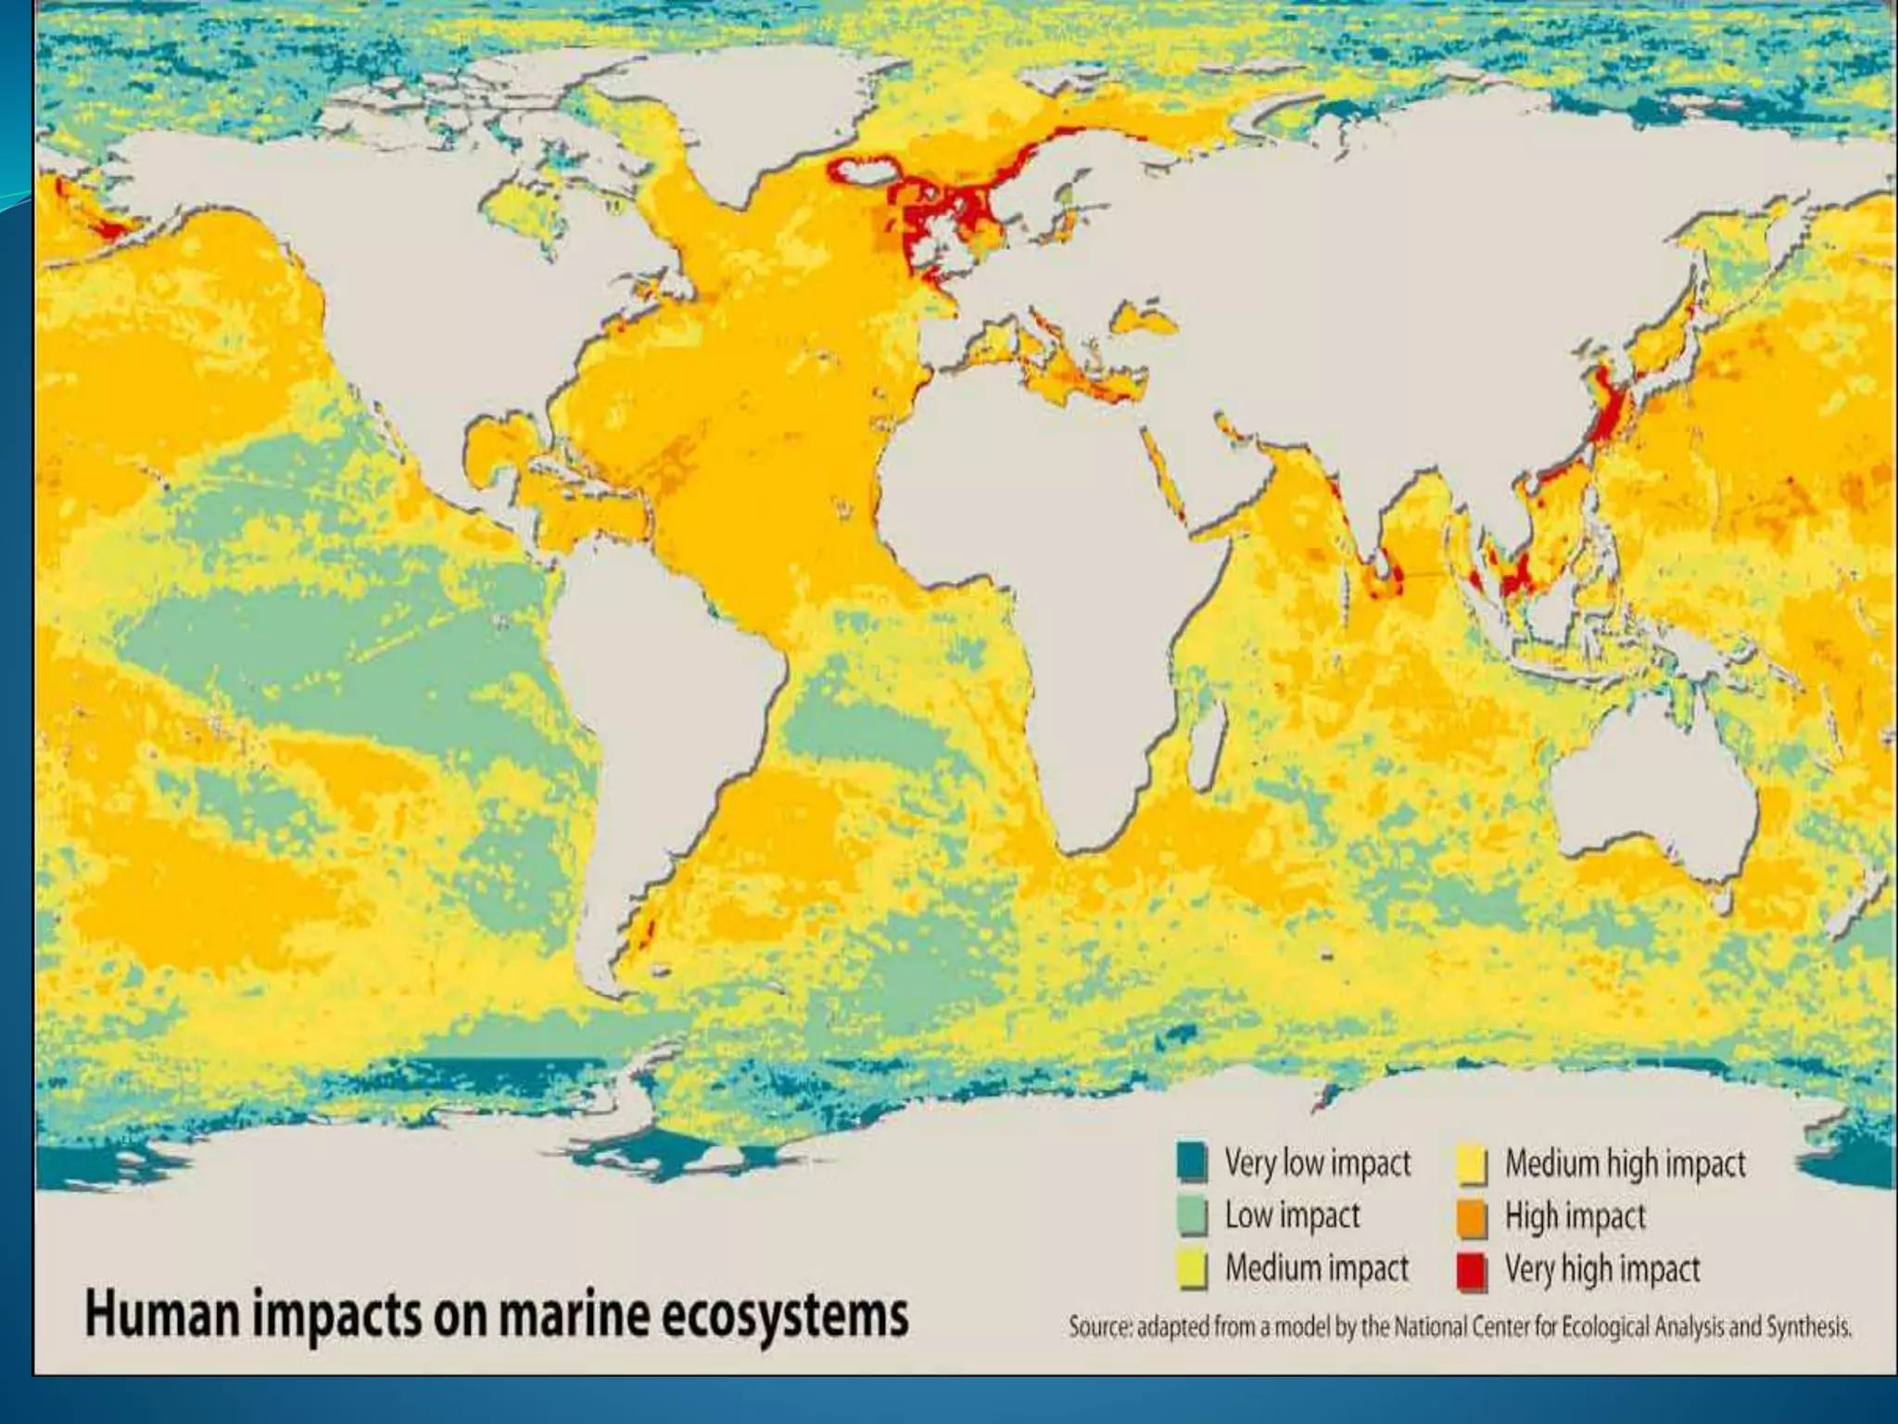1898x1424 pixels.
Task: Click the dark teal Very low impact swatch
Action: pyautogui.click(x=1192, y=1162)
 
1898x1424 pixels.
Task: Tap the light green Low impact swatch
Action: pyautogui.click(x=1192, y=1215)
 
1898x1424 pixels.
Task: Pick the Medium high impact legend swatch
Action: pyautogui.click(x=1472, y=1163)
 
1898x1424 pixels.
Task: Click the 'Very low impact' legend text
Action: pyautogui.click(x=1317, y=1163)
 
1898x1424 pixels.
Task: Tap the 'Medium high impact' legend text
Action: pyautogui.click(x=1625, y=1163)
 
